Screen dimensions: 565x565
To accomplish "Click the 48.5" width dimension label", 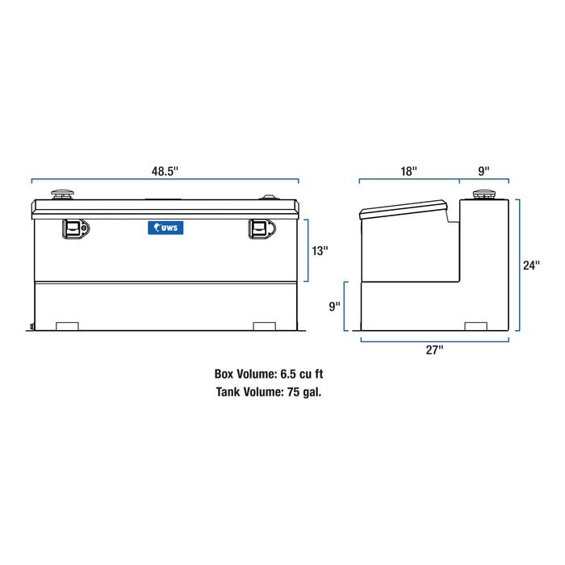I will click(165, 171).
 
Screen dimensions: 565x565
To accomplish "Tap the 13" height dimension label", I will click(320, 251).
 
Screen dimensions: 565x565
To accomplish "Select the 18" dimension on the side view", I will click(409, 171).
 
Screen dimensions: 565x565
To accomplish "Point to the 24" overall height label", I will click(531, 265).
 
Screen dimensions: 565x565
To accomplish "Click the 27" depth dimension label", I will click(436, 349).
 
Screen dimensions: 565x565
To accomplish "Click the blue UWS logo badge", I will click(165, 228).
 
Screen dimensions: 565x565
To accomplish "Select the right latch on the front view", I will click(259, 228).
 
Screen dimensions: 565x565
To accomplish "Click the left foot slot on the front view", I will click(67, 325).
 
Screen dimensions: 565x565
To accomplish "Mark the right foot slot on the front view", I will click(264, 325).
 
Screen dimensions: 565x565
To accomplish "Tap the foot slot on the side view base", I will click(477, 325).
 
